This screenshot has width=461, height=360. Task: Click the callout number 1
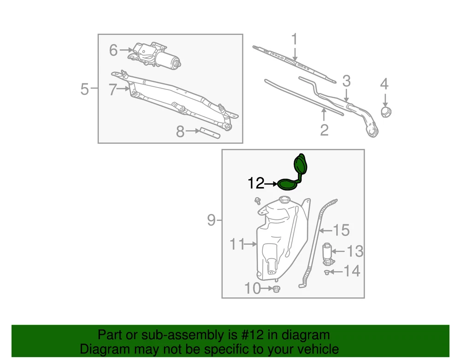click(x=294, y=40)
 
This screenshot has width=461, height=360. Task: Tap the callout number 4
click(x=384, y=84)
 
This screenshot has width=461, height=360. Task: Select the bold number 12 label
click(x=256, y=183)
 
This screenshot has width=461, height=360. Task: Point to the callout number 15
click(x=341, y=230)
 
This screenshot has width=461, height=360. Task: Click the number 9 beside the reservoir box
click(x=212, y=220)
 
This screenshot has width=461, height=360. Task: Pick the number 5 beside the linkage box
click(x=84, y=89)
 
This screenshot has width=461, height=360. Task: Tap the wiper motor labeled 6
click(x=155, y=56)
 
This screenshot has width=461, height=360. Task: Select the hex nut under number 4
click(x=386, y=112)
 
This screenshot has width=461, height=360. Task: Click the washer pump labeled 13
click(x=327, y=254)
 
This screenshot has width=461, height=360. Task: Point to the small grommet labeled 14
click(x=327, y=272)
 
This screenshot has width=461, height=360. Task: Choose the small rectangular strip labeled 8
click(x=210, y=133)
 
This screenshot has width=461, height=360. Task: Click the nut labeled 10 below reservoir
click(x=276, y=289)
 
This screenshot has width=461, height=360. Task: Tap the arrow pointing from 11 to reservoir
click(x=251, y=244)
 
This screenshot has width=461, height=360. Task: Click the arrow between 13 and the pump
click(x=338, y=251)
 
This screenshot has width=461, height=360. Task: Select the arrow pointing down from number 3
click(x=347, y=95)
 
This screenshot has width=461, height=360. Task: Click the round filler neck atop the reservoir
click(x=284, y=200)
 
